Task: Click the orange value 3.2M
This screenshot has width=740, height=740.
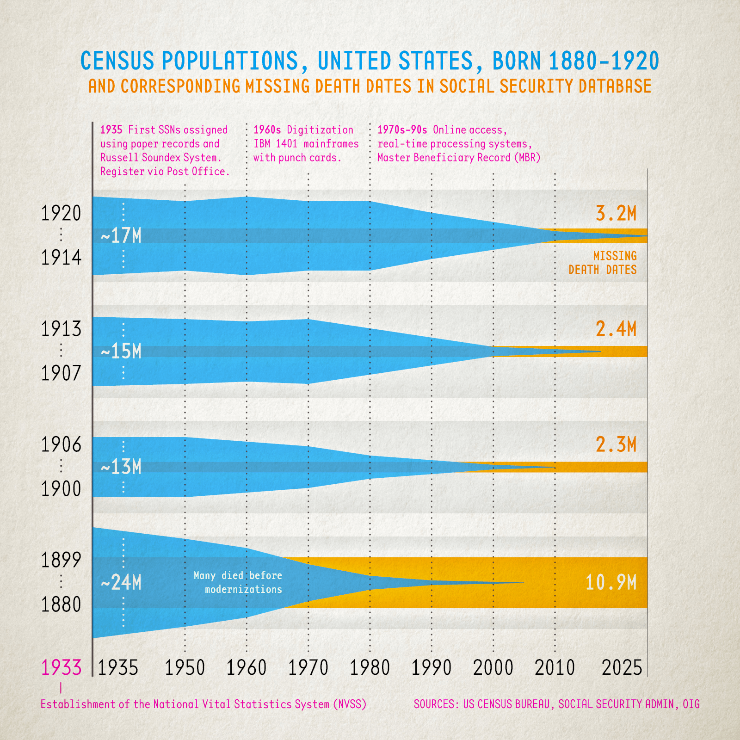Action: click(x=616, y=214)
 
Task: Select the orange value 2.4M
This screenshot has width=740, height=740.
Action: click(x=616, y=329)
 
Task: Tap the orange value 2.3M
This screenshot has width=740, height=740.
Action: click(x=616, y=445)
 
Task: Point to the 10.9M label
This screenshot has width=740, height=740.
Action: click(x=611, y=583)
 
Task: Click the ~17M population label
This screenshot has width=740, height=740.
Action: click(x=121, y=236)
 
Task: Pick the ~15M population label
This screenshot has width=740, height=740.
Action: click(x=121, y=351)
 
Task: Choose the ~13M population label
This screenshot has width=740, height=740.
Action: click(x=121, y=467)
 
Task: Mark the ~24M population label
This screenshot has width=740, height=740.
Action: click(x=121, y=583)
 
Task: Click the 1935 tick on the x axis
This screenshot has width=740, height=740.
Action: click(x=118, y=668)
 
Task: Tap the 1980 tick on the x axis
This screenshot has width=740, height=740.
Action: click(x=370, y=668)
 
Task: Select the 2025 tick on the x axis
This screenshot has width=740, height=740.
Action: click(x=622, y=668)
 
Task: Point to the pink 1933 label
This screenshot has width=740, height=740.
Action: click(x=61, y=668)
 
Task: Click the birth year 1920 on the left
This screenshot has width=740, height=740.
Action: click(x=61, y=214)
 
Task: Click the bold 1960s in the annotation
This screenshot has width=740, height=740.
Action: click(x=267, y=130)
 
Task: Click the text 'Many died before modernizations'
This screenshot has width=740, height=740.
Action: click(x=238, y=583)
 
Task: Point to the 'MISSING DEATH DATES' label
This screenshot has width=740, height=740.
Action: click(x=603, y=263)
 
